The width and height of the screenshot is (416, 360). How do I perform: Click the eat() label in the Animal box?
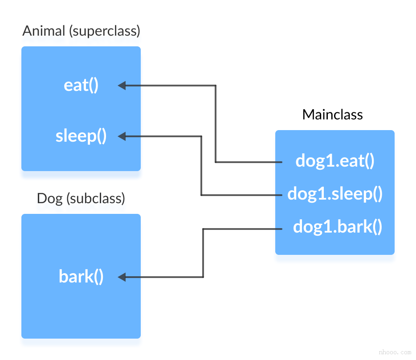(81, 85)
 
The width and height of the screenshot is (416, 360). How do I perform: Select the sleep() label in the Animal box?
(81, 136)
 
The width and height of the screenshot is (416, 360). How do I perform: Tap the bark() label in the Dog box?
(81, 277)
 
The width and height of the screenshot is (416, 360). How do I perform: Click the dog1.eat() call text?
(335, 161)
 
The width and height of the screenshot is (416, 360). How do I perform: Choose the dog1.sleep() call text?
(335, 194)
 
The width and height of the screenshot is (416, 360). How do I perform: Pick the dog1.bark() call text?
(338, 227)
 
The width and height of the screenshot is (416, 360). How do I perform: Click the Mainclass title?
(332, 115)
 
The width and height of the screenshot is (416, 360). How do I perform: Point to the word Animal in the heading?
(43, 31)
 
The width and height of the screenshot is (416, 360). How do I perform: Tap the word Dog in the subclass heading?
(49, 198)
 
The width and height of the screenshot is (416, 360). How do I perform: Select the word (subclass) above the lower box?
(95, 198)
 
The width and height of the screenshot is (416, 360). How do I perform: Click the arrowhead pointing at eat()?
(122, 85)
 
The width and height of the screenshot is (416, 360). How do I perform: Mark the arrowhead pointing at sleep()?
(122, 136)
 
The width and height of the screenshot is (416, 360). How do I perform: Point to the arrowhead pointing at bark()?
(122, 277)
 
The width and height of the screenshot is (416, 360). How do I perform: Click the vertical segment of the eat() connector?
(216, 124)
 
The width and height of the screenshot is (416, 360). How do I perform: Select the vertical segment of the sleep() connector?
(201, 166)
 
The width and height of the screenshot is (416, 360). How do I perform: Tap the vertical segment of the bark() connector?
(203, 253)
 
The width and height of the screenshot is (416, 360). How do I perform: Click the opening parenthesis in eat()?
(91, 85)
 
